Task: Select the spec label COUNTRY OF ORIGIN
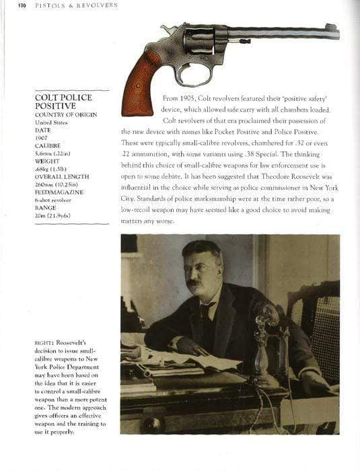click(x=66, y=114)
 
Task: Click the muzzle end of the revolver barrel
click(x=334, y=30)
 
